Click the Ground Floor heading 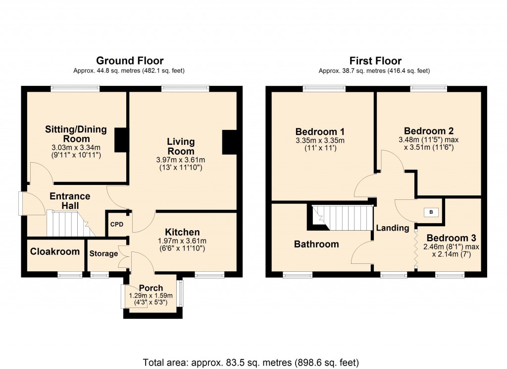(x=129, y=61)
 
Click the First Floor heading (x=375, y=61)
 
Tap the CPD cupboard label (x=116, y=224)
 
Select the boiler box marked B (x=431, y=212)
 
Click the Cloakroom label (x=55, y=251)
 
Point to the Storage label (x=103, y=253)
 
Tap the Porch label (x=151, y=288)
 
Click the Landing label (x=393, y=228)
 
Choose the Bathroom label (x=316, y=244)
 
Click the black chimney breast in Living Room (x=229, y=142)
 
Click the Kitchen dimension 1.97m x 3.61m (x=182, y=241)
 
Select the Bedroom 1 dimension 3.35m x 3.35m (x=320, y=140)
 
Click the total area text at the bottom (x=251, y=362)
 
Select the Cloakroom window (x=70, y=275)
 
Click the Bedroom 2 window (x=429, y=89)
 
